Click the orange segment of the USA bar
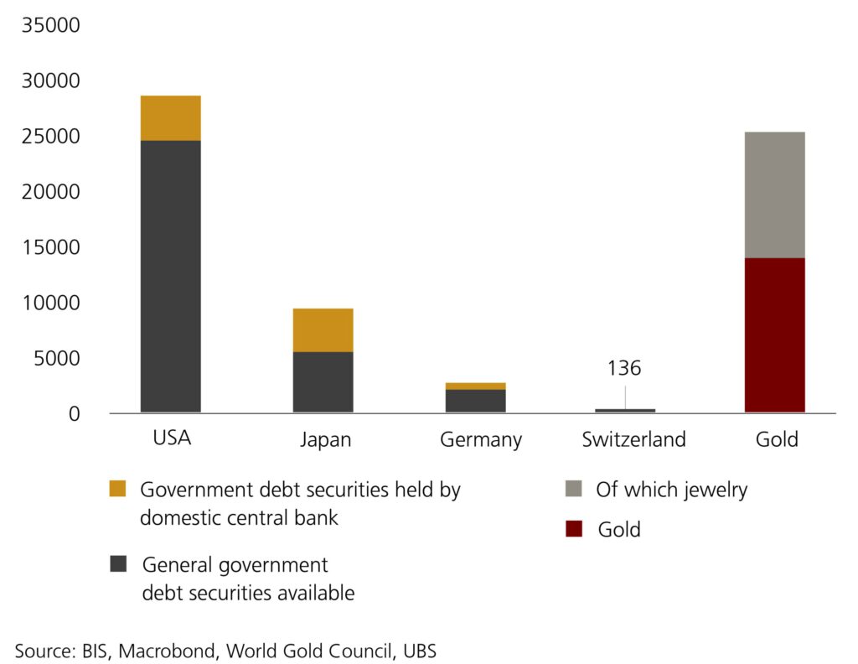point(171,118)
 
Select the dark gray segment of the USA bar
point(171,277)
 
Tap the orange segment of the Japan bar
point(323,330)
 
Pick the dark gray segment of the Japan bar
point(323,382)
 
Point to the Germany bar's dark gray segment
point(475,401)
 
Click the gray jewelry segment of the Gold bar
point(774,195)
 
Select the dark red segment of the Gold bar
point(774,335)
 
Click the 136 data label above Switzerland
point(625,369)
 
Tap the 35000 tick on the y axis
point(50,25)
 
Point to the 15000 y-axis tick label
point(50,247)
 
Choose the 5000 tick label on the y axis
point(55,359)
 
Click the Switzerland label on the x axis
point(633,439)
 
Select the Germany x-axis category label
point(481,439)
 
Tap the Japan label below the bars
point(325,439)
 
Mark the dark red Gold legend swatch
point(574,529)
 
